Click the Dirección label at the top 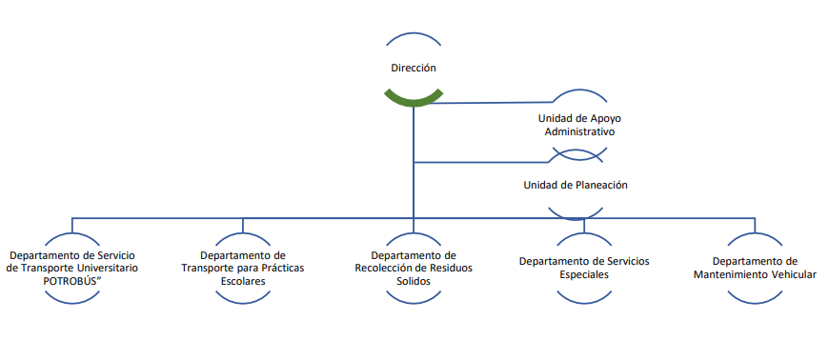click(x=414, y=69)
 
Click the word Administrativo click(x=579, y=131)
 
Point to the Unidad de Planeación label click(x=576, y=185)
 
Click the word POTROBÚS click(x=71, y=282)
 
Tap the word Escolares click(x=243, y=282)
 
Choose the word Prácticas click(x=282, y=268)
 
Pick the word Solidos click(x=414, y=282)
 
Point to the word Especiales click(x=584, y=275)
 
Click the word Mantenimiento click(x=726, y=275)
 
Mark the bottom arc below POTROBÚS click(x=71, y=299)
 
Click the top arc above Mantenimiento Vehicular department click(x=755, y=238)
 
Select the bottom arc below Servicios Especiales click(x=584, y=299)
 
